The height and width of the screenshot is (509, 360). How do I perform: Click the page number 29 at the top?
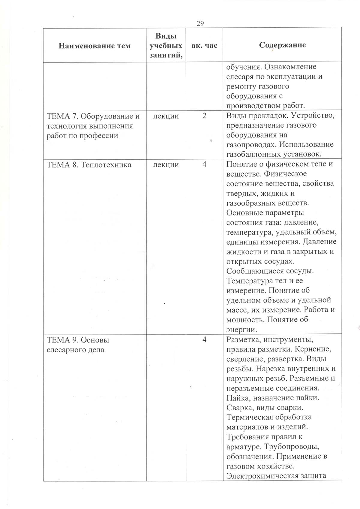[x=200, y=23]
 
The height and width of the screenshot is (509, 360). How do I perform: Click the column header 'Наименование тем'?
[x=94, y=46]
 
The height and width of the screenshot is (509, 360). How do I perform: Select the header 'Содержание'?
[x=282, y=45]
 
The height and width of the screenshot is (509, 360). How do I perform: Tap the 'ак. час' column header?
[x=204, y=46]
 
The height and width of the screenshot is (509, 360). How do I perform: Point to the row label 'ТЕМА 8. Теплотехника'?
[x=89, y=164]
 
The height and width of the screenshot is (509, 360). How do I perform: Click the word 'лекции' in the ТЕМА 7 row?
[x=166, y=116]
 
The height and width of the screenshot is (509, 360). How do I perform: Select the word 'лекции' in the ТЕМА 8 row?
[x=166, y=164]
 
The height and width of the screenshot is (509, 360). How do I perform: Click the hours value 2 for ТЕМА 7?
[x=204, y=116]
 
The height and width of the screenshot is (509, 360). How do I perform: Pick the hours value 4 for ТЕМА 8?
[x=204, y=164]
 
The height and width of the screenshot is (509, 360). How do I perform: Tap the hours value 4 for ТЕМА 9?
[x=204, y=340]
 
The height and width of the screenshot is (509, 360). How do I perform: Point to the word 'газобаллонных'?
[x=254, y=154]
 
